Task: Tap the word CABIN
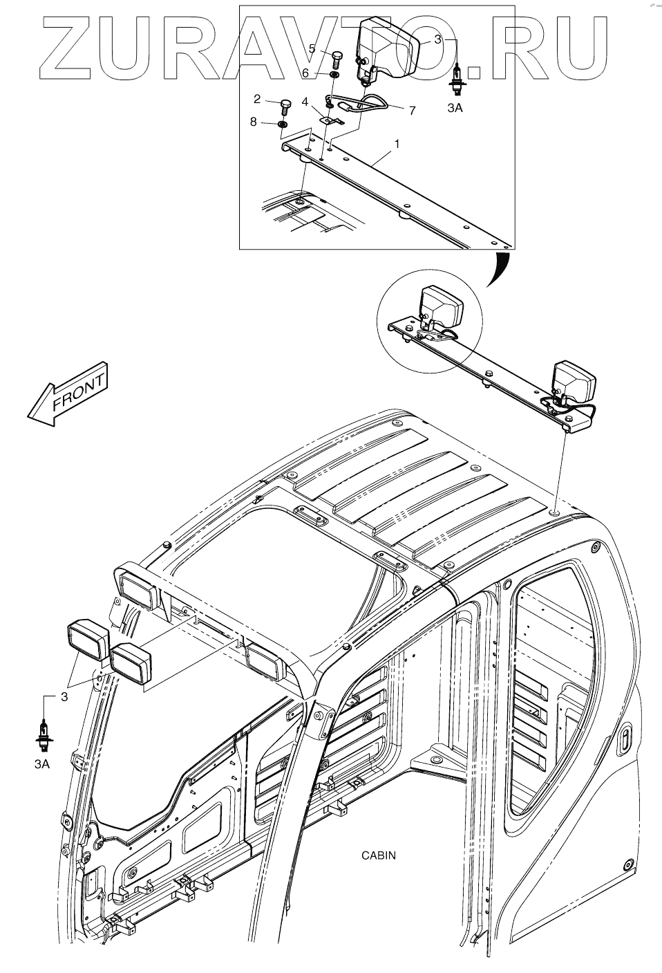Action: (379, 855)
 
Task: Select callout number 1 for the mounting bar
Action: (397, 144)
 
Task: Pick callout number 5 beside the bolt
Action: (312, 48)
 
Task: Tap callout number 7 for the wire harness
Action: (412, 110)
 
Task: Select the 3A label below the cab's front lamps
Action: (42, 763)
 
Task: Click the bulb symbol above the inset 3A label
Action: (456, 73)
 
